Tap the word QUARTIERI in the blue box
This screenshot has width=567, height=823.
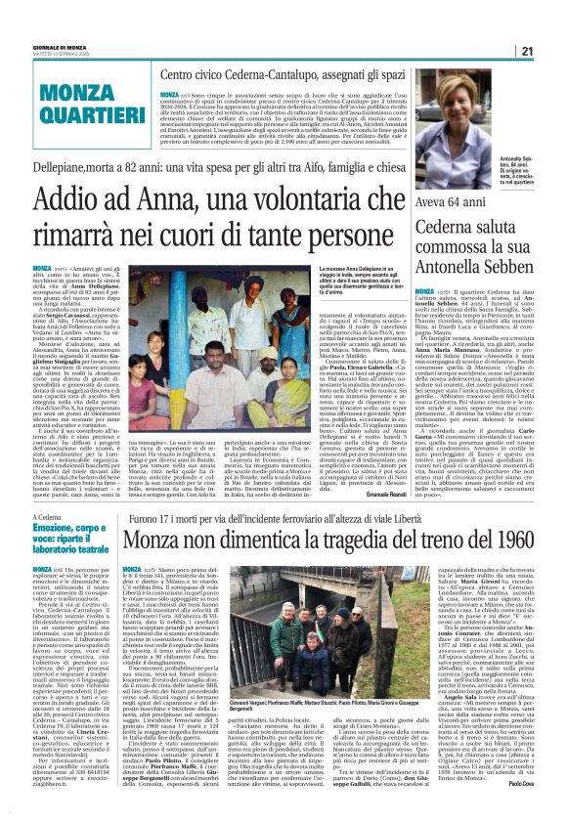tap(67, 110)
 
